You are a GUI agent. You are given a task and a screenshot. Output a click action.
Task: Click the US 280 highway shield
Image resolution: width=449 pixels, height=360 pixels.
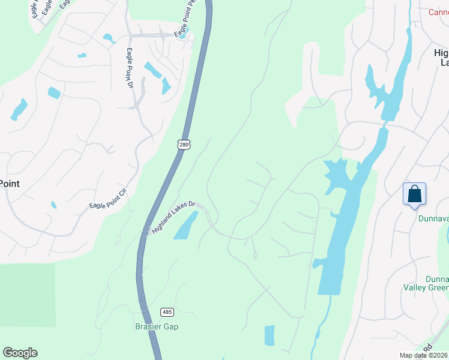[x=184, y=145]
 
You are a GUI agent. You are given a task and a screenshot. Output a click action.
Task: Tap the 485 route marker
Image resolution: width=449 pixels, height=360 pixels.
[x=167, y=312]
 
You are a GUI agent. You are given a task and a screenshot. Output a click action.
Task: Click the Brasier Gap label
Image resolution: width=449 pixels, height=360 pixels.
[x=156, y=326]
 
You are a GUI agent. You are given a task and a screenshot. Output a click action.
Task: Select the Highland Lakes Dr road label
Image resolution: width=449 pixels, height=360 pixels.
[x=175, y=217]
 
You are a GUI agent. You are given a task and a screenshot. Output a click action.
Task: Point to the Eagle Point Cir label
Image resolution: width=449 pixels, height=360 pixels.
[x=109, y=197]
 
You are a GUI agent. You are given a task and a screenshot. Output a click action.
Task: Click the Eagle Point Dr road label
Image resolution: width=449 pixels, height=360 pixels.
[x=129, y=69]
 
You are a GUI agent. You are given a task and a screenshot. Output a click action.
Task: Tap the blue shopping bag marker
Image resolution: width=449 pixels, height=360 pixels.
[x=414, y=194]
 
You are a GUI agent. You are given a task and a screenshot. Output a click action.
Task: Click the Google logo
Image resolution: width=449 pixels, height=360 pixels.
[x=20, y=353]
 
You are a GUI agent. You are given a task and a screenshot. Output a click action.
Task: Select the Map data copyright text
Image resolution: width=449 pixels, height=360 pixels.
[x=423, y=355]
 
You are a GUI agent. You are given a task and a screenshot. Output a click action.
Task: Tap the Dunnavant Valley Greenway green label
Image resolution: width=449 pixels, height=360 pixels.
[x=437, y=283]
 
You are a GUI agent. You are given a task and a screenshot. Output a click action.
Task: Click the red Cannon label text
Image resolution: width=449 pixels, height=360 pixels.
[x=439, y=12]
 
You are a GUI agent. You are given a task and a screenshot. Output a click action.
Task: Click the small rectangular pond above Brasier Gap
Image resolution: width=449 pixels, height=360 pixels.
[x=270, y=335]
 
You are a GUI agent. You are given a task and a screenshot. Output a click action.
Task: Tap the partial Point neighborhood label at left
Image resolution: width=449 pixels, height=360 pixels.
[x=10, y=184]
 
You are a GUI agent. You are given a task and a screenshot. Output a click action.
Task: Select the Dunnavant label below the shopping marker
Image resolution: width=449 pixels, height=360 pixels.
[x=433, y=218]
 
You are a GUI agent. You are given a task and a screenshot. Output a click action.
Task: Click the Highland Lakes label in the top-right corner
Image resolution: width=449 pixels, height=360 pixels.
[x=441, y=58]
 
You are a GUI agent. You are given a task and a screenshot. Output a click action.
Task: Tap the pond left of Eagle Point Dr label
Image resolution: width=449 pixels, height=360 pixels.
[x=109, y=38]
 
